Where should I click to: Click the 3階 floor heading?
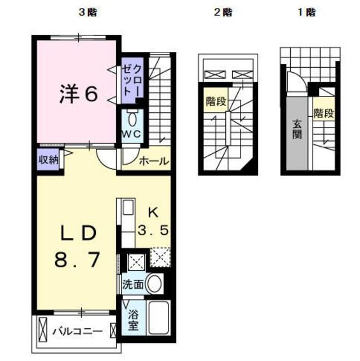coord(88,12)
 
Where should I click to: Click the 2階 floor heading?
coord(223,12)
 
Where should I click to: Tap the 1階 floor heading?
coord(306,12)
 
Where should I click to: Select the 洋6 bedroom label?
coord(79,94)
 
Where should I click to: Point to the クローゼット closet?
coord(132,81)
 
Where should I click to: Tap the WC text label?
coord(131,134)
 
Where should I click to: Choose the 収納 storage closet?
coord(48,160)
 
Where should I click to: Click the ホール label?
coord(154,161)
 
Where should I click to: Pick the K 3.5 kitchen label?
coord(154,222)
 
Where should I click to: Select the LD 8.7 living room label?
coord(78,246)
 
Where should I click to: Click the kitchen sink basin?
coord(128,208)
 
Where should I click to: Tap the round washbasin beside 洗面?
coord(154,284)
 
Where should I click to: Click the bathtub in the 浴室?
coord(159,318)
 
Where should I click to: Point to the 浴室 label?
coord(134,320)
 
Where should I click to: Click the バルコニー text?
coord(78,332)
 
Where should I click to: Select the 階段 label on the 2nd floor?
coord(216,101)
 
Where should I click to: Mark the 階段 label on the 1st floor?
coord(324,113)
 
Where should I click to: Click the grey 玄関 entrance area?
coord(297,134)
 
